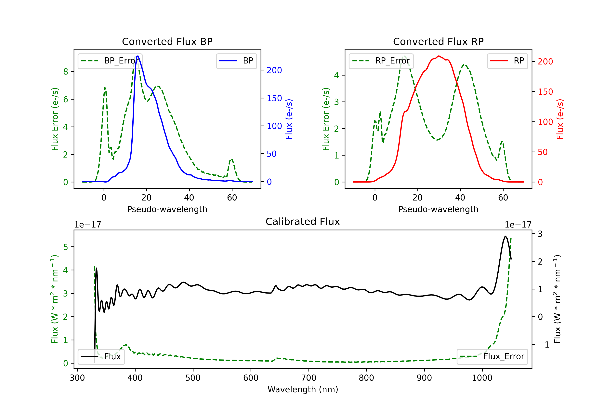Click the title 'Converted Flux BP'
[x=167, y=41]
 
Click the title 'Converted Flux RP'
[x=438, y=41]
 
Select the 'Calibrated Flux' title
[x=303, y=222]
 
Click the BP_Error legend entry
[x=110, y=61]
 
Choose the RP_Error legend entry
[x=381, y=61]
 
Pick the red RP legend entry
[x=507, y=61]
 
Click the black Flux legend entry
[x=101, y=357]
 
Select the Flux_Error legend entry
[x=492, y=357]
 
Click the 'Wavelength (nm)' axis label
[x=303, y=390]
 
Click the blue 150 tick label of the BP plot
[x=274, y=98]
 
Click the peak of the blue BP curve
[x=138, y=56]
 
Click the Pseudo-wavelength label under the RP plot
[x=438, y=209]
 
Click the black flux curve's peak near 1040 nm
[x=505, y=236]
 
